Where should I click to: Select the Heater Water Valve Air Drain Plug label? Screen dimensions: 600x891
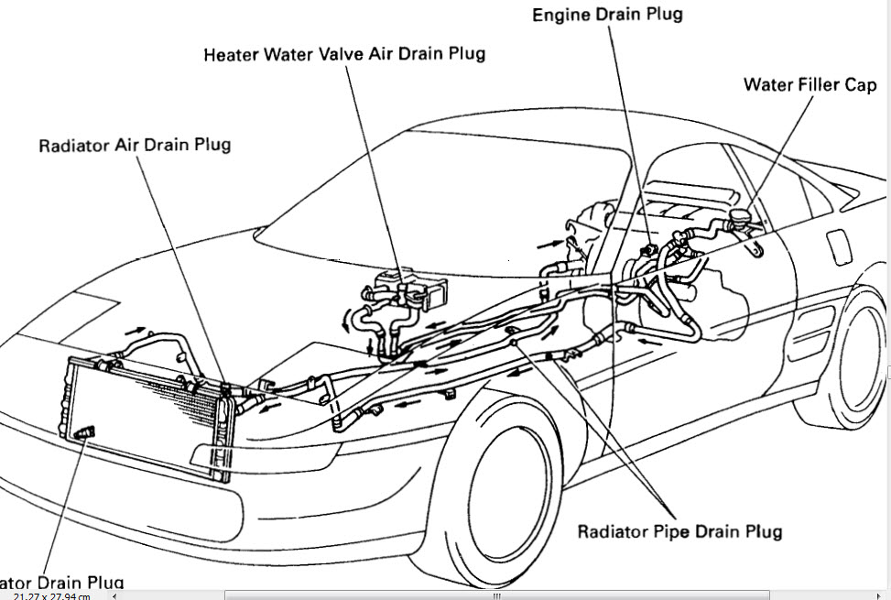coord(344,54)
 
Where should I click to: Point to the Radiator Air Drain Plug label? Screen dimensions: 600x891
coord(135,145)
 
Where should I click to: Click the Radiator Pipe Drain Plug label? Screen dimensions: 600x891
coord(679,531)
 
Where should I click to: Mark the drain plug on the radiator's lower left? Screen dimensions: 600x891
coord(85,431)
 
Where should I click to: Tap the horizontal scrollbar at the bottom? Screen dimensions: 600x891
coord(494,595)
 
